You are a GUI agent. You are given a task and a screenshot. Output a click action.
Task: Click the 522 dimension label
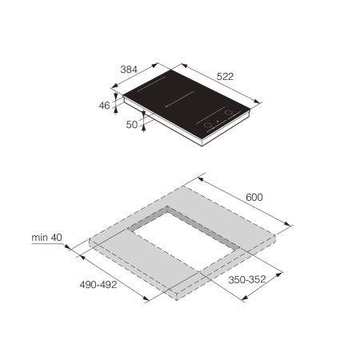[x=225, y=76]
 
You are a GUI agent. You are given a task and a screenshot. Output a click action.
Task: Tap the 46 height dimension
[x=106, y=105]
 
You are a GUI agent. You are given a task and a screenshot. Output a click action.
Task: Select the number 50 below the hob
[x=133, y=126]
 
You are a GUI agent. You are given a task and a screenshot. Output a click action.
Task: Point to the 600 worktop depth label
[x=254, y=198]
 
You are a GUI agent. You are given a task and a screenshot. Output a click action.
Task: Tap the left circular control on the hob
[x=208, y=126]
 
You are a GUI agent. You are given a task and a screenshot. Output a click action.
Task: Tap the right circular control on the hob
[x=228, y=113]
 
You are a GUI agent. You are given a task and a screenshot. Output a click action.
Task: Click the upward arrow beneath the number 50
[x=144, y=133]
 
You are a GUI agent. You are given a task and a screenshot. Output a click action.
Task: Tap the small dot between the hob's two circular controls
[x=218, y=119]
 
